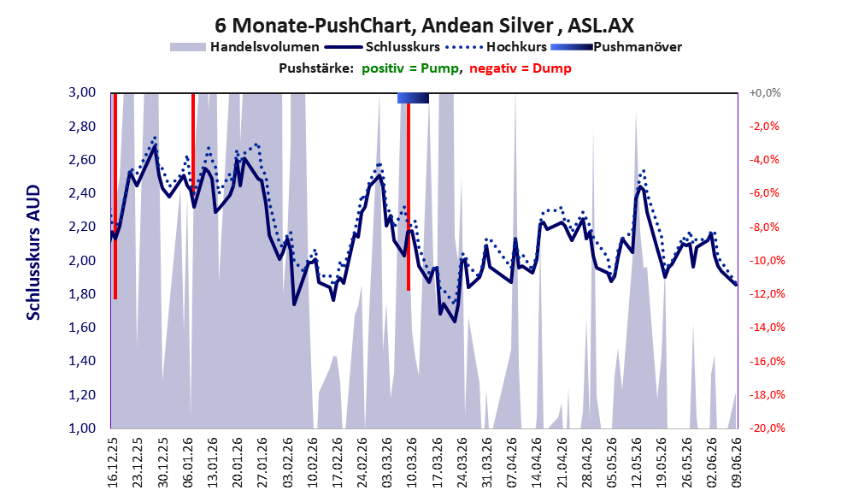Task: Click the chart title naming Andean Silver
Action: coord(424,25)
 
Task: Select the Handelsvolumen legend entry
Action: coord(244,47)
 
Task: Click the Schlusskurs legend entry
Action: coord(382,47)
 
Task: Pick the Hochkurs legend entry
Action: coord(497,47)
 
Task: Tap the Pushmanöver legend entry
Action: coord(616,47)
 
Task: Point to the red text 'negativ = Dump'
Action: coord(521,68)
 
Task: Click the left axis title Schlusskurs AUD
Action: coord(33,252)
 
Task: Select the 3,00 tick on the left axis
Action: coord(82,92)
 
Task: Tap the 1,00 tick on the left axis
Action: coord(82,428)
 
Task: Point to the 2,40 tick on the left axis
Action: coord(82,193)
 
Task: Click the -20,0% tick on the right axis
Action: coord(767,428)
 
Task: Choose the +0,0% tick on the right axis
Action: coord(765,93)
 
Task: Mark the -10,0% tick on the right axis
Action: coord(767,261)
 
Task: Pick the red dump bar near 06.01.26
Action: coord(193,143)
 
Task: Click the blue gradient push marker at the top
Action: coord(413,97)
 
